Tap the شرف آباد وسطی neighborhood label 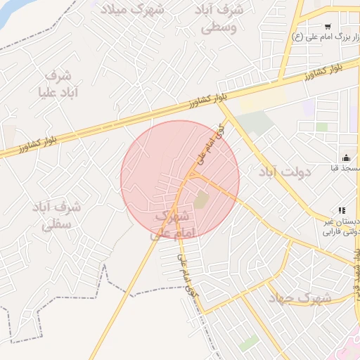click(221, 19)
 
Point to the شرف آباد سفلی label click(58, 216)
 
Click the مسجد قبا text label click(345, 169)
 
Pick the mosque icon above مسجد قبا click(345, 157)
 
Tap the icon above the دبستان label click(342, 210)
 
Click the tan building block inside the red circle click(201, 200)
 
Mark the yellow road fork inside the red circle click(188, 176)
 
